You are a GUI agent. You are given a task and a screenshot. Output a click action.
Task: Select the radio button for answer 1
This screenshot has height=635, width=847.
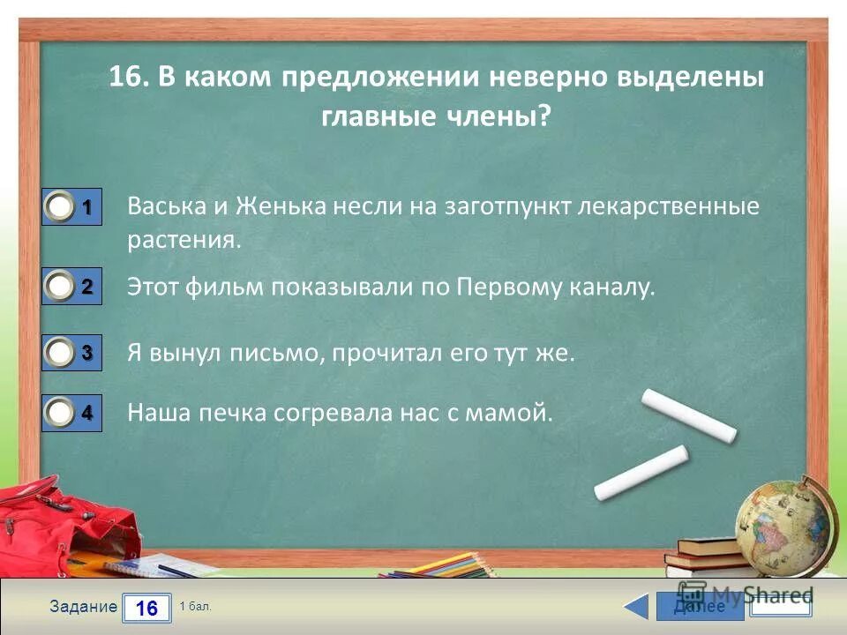[x=60, y=207]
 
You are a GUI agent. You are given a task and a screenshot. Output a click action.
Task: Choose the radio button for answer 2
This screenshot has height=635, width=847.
[x=60, y=286]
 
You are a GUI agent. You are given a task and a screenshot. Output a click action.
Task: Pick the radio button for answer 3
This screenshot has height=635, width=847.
[x=60, y=353]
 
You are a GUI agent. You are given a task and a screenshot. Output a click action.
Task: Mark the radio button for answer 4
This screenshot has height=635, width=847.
[x=60, y=412]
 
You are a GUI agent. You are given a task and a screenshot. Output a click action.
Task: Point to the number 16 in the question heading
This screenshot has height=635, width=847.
[x=127, y=77]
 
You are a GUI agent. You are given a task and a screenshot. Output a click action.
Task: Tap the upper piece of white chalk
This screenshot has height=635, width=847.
[x=688, y=415]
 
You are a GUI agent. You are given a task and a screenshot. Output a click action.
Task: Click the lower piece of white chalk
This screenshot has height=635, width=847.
[x=641, y=473]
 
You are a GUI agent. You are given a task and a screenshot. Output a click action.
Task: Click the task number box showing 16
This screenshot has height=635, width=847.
[x=146, y=607]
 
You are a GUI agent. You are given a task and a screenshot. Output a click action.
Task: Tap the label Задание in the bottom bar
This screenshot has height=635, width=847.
[x=83, y=607]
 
